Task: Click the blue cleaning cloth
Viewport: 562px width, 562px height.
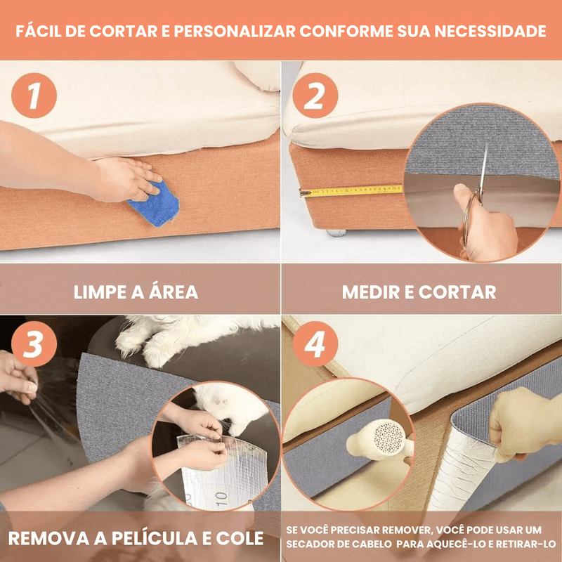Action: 155,204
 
